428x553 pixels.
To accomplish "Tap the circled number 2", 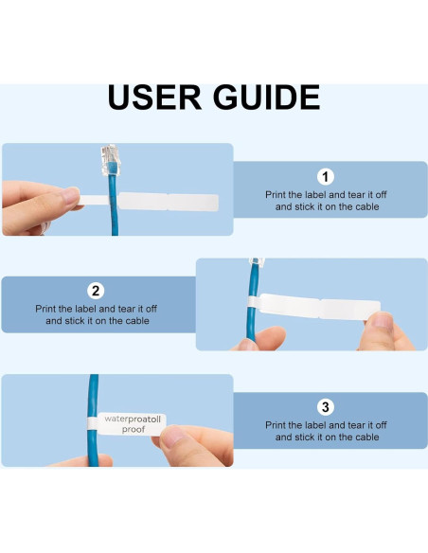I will pyautogui.click(x=96, y=291).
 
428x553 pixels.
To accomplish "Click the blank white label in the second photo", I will pyautogui.click(x=322, y=308).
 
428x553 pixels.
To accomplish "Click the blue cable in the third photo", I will pyautogui.click(x=94, y=398).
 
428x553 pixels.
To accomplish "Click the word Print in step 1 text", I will pyautogui.click(x=277, y=193).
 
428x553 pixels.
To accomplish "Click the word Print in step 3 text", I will pyautogui.click(x=277, y=424).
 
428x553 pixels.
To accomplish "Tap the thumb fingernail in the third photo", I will pyautogui.click(x=177, y=437).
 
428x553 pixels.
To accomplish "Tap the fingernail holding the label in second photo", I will pyautogui.click(x=382, y=320).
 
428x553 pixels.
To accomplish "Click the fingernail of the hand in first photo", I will pyautogui.click(x=69, y=195).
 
